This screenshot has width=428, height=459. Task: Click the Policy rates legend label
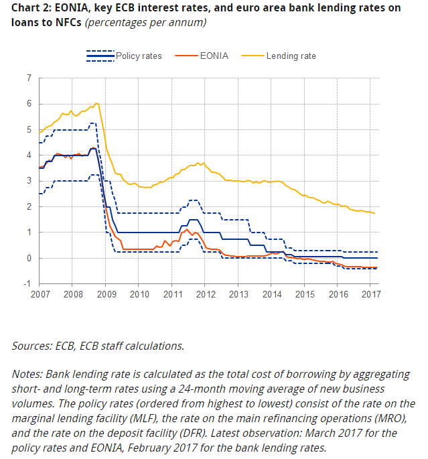(139, 56)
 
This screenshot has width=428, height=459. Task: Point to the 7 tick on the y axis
(29, 78)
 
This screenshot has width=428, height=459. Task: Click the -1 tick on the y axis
(27, 284)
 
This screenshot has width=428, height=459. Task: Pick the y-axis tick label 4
(29, 155)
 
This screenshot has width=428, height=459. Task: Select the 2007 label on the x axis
(40, 295)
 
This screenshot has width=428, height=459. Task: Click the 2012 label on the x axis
(205, 295)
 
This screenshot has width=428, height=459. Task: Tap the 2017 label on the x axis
(370, 295)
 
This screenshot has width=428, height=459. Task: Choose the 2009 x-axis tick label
(106, 295)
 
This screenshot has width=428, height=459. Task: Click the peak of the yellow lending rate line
(97, 103)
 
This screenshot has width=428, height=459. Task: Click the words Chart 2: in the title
(29, 8)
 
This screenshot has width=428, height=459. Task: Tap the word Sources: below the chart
(33, 346)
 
